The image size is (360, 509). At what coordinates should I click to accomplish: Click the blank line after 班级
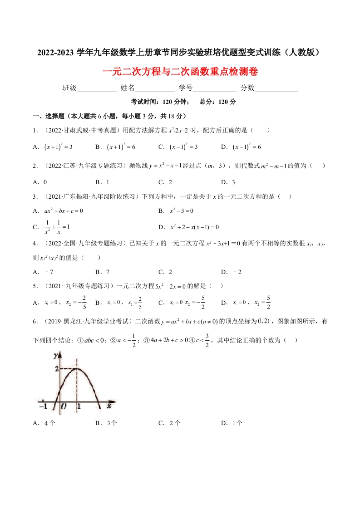coord(97,88)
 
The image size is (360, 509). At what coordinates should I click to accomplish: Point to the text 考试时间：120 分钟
coord(158,102)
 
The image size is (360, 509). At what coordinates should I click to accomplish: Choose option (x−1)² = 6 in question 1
coord(247,147)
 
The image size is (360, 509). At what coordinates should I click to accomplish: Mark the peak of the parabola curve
coord(78,368)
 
